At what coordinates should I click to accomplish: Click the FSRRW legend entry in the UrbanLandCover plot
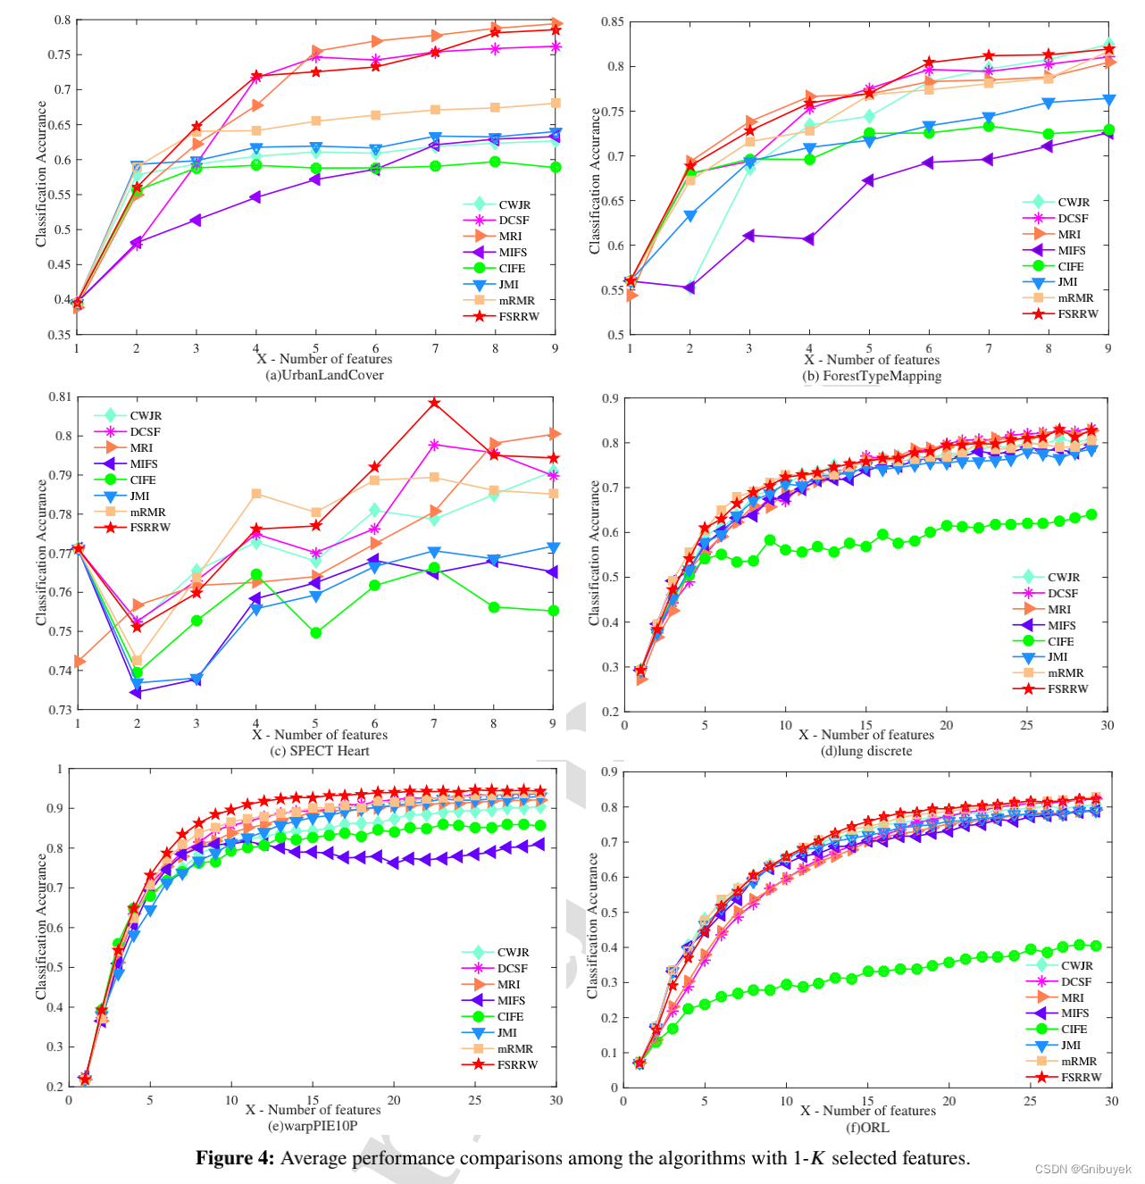pos(518,317)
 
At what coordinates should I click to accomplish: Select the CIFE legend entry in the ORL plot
pos(1074,1030)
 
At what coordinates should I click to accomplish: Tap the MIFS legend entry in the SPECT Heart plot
pos(143,464)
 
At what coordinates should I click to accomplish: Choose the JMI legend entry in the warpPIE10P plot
pos(506,1033)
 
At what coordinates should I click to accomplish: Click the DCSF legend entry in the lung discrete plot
pos(1062,594)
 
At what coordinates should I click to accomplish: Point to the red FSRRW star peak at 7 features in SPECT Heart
pos(434,403)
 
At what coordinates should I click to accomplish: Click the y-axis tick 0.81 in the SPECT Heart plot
pos(60,397)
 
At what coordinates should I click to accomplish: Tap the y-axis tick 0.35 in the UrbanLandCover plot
pos(60,335)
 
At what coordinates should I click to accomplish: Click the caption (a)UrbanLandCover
pos(324,375)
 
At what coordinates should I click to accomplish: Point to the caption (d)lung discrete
pos(866,751)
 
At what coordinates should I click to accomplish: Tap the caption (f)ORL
pos(867,1127)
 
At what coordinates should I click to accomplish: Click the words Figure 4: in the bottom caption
pos(235,1158)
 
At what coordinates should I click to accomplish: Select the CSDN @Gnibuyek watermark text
pos(1082,1169)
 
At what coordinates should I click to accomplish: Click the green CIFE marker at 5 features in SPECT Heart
pos(315,633)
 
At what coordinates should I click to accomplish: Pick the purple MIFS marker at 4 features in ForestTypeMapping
pos(808,239)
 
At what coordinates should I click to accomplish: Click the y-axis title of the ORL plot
pos(592,926)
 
